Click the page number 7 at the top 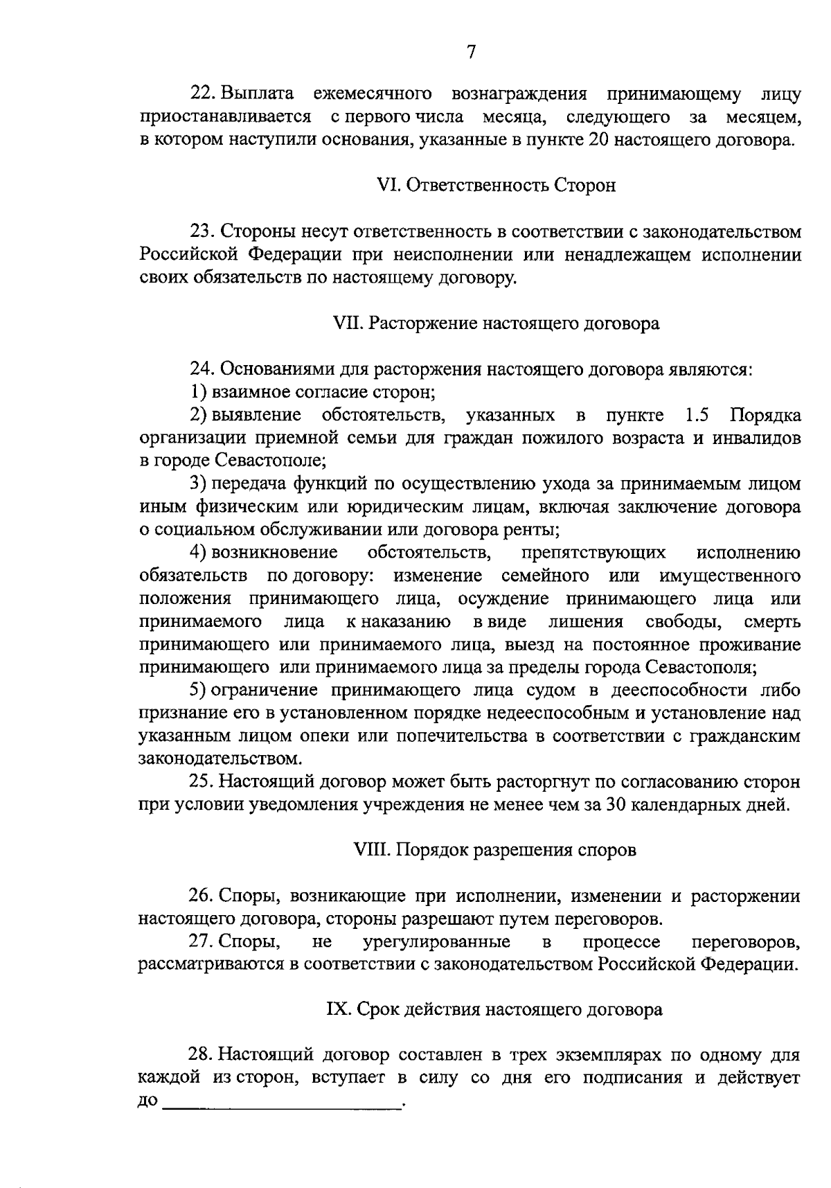[471, 53]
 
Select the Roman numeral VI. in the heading [386, 186]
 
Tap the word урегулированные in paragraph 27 [436, 942]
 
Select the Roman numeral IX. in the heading [339, 1010]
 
